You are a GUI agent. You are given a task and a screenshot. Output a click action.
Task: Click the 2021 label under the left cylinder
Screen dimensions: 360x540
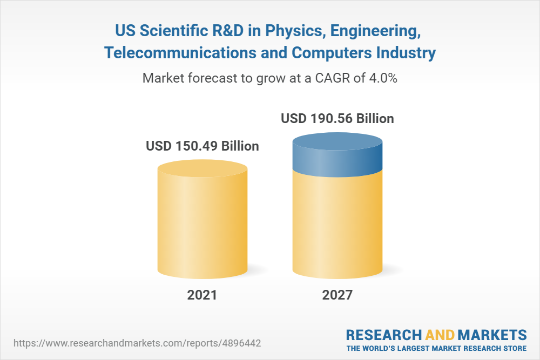point(202,295)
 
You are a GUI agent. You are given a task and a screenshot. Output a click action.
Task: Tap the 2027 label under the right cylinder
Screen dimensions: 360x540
point(337,295)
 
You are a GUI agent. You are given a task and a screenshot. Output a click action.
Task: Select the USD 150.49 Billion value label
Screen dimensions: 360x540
point(202,146)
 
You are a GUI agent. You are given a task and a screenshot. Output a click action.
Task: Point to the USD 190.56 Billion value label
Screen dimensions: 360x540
point(337,118)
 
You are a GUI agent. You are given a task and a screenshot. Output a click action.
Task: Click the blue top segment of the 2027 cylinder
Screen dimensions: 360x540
point(337,157)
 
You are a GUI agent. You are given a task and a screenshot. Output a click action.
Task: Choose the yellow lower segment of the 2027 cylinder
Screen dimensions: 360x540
point(337,227)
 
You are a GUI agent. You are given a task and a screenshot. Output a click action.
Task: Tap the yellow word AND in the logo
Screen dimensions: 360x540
point(440,334)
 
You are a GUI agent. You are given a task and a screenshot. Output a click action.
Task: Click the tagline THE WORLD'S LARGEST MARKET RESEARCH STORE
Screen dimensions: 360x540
point(436,348)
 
